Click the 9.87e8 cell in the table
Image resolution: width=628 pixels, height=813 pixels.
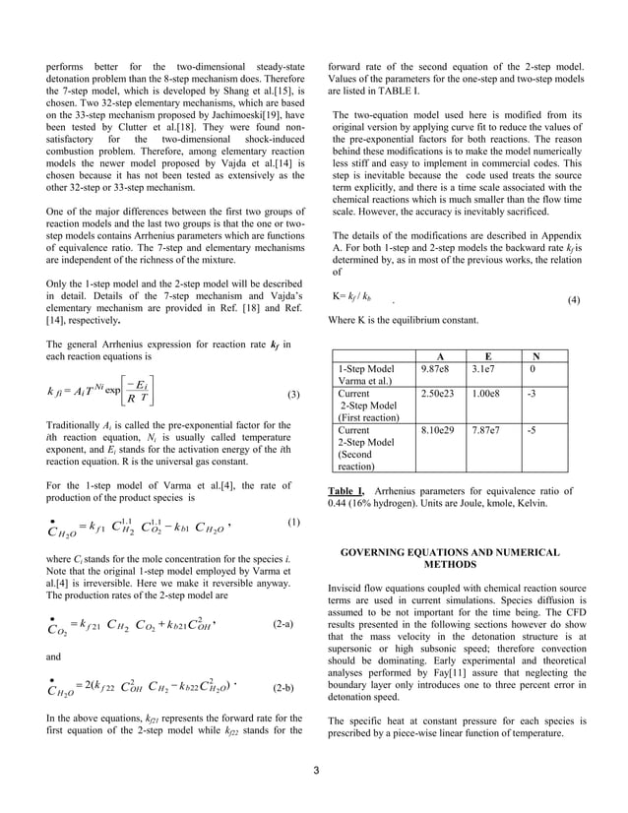click(x=434, y=368)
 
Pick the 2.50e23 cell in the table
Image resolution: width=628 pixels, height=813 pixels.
click(x=437, y=393)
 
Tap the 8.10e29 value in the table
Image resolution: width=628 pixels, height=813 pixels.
click(x=437, y=430)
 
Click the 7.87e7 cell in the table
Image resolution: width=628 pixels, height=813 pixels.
click(x=486, y=430)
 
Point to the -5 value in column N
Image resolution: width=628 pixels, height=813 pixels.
click(x=533, y=430)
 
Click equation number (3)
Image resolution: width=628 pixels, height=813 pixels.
click(x=292, y=395)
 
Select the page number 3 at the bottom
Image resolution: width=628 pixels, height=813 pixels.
click(x=315, y=769)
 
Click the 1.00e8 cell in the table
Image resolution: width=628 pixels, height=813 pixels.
click(x=486, y=393)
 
